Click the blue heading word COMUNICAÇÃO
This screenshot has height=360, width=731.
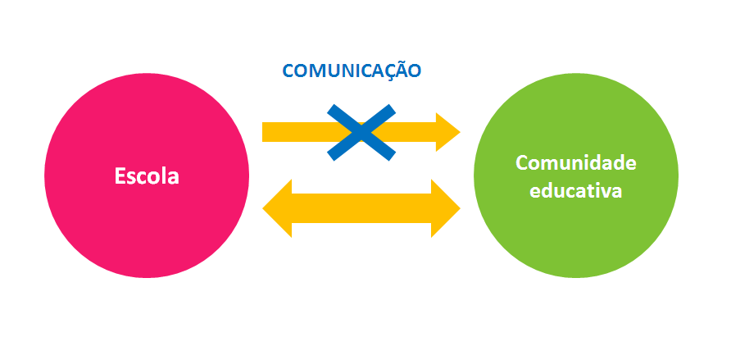352,71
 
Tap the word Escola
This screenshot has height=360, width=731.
147,176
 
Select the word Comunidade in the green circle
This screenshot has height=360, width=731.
575,163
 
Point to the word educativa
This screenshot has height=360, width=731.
575,191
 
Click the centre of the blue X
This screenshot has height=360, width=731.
361,132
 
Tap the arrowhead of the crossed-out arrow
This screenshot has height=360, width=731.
447,132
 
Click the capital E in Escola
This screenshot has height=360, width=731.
120,176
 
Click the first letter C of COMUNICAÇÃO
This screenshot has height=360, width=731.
288,71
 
